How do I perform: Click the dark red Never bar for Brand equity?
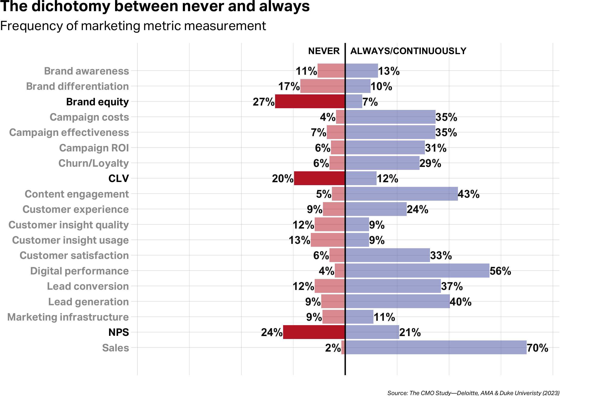click(310, 101)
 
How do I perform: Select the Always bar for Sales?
click(436, 347)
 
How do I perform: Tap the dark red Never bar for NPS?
click(314, 332)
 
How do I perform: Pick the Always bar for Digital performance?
click(417, 271)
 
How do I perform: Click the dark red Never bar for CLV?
click(319, 178)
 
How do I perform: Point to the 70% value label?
click(537, 348)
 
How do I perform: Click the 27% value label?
click(263, 102)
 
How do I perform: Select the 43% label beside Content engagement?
click(469, 194)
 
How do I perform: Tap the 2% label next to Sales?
click(333, 348)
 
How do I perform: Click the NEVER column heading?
click(324, 51)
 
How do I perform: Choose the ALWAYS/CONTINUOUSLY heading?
click(408, 51)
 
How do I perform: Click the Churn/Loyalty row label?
click(93, 163)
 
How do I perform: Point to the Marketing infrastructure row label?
click(68, 317)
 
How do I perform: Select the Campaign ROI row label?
click(94, 148)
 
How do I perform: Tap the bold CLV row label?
click(118, 178)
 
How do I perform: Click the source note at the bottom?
click(473, 393)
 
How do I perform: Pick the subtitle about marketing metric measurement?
click(133, 26)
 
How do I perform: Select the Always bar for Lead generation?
click(397, 301)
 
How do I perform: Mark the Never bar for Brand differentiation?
click(322, 86)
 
